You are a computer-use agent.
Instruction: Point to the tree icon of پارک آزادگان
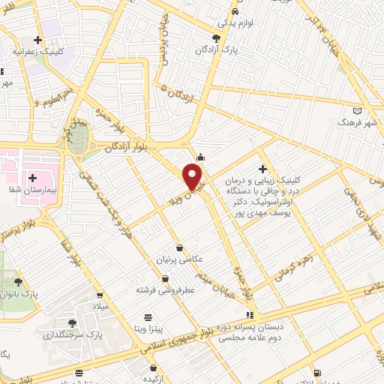217,37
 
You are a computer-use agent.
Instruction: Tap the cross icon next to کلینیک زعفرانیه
37,40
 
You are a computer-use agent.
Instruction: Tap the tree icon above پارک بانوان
18,282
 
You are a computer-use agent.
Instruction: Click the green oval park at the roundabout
80,137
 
